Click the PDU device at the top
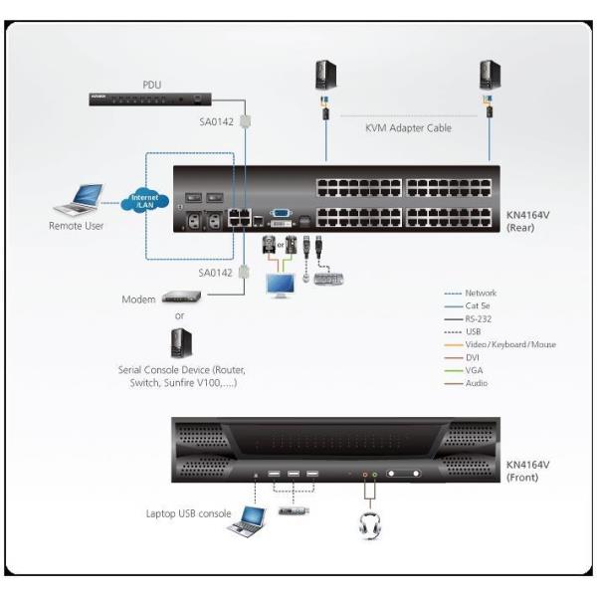point(150,98)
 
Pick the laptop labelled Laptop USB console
point(246,518)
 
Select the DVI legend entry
point(474,357)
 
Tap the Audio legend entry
point(477,383)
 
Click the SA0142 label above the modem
point(216,272)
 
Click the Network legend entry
point(481,293)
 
